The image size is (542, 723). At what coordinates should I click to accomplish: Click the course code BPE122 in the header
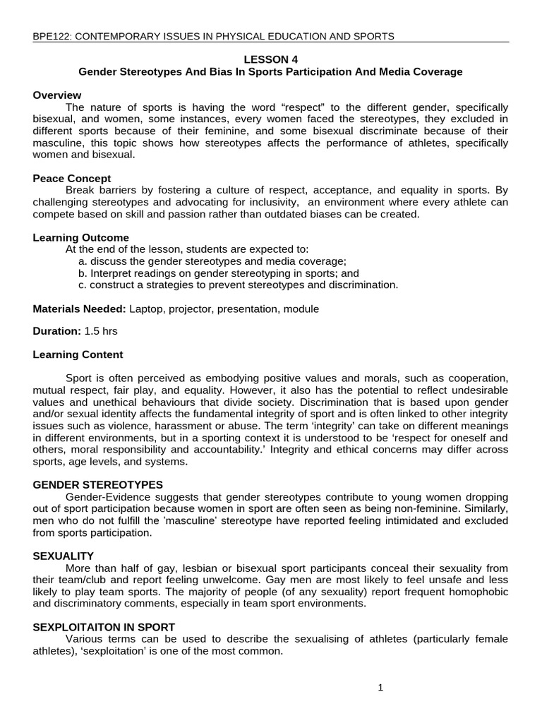[51, 36]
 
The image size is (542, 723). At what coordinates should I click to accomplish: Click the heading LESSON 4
[270, 60]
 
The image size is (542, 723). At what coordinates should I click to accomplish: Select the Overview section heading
[57, 95]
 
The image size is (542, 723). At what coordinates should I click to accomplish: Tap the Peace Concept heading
[72, 179]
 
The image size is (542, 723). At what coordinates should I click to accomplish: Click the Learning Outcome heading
[81, 238]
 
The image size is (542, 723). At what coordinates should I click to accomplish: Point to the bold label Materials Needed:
[80, 309]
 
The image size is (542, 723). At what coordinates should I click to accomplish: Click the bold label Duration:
[56, 330]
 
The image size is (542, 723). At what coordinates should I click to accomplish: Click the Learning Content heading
[78, 354]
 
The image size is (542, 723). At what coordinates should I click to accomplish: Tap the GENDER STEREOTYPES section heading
[98, 485]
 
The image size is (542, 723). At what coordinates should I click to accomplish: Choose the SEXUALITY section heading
[64, 556]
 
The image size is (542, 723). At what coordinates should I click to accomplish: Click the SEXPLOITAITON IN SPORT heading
[104, 627]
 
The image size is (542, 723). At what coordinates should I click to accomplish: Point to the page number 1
[380, 689]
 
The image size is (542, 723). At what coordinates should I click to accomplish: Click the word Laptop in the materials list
[145, 309]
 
